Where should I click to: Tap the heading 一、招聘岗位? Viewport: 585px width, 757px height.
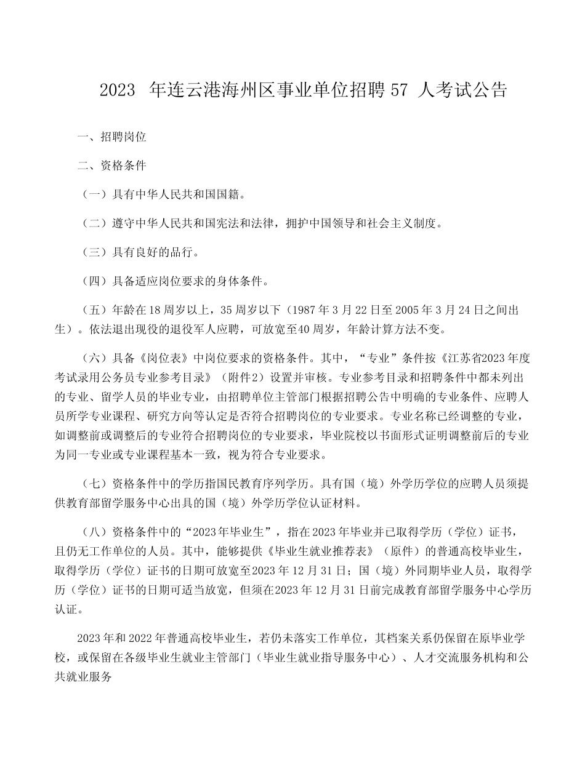tap(111, 137)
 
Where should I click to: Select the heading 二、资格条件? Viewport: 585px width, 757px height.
tap(111, 166)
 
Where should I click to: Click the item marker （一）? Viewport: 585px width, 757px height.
tap(94, 195)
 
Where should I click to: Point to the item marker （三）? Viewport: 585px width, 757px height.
tap(94, 252)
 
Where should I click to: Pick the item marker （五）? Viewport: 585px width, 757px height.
tap(94, 310)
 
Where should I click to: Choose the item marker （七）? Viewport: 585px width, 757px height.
tap(94, 484)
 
